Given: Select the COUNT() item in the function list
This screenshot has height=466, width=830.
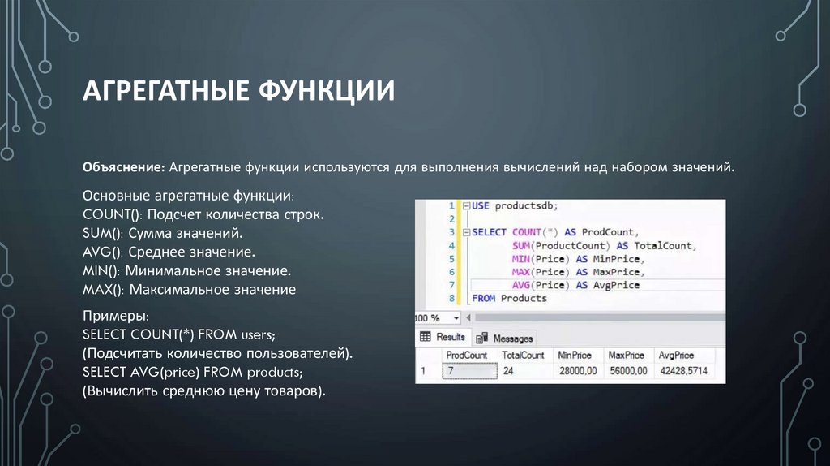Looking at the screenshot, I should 108,214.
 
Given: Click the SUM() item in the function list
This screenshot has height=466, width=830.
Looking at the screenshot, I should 100,233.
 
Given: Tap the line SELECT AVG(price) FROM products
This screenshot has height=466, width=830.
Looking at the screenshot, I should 193,373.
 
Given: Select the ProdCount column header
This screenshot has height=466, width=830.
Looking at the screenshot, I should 466,355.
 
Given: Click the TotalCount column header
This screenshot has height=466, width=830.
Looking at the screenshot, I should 523,355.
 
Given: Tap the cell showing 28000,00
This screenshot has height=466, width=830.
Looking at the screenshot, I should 576,371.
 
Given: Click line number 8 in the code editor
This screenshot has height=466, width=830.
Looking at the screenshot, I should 451,298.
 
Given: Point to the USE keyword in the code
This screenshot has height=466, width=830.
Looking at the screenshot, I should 481,206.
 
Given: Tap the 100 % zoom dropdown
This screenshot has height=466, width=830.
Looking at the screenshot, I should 438,317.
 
